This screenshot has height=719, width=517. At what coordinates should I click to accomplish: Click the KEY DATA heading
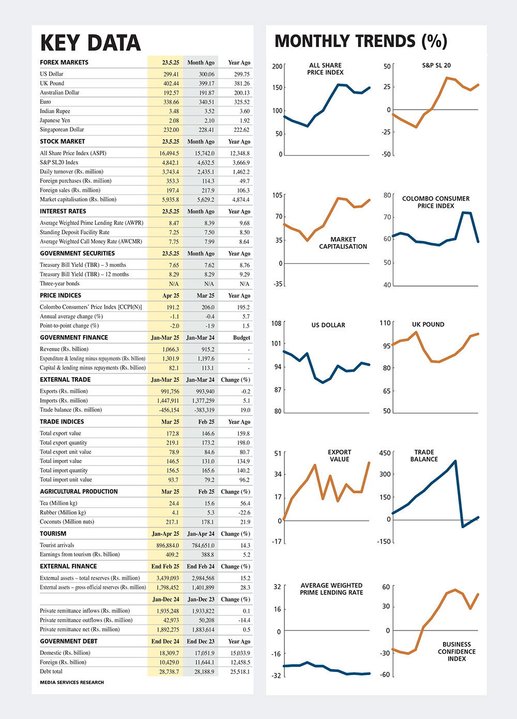90,43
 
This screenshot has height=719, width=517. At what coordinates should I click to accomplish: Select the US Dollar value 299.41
171,74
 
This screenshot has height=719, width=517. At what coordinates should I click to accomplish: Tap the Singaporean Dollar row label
62,129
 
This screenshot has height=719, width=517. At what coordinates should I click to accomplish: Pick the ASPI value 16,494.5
169,154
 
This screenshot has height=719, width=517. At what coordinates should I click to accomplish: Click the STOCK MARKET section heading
63,141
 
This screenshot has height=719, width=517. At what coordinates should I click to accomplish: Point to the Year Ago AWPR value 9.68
245,223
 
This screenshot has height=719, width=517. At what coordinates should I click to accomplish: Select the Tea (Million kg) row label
58,503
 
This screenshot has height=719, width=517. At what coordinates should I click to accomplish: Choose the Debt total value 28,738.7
169,671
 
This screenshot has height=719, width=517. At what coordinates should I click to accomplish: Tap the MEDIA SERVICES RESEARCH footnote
72,682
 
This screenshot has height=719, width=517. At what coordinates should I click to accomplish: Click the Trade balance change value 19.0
246,410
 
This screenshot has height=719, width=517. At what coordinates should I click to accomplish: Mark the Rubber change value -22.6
245,513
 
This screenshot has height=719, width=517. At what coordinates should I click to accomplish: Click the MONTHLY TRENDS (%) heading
361,41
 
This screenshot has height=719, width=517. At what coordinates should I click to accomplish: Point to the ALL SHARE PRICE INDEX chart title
325,69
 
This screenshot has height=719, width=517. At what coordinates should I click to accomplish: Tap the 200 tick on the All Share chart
277,66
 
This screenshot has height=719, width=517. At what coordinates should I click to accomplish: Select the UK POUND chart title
428,324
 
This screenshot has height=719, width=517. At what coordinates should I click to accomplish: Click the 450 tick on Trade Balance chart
385,453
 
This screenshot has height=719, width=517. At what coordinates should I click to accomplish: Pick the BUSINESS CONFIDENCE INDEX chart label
457,651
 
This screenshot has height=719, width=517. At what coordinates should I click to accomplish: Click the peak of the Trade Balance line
455,461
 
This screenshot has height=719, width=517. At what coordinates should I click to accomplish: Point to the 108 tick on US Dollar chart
277,323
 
